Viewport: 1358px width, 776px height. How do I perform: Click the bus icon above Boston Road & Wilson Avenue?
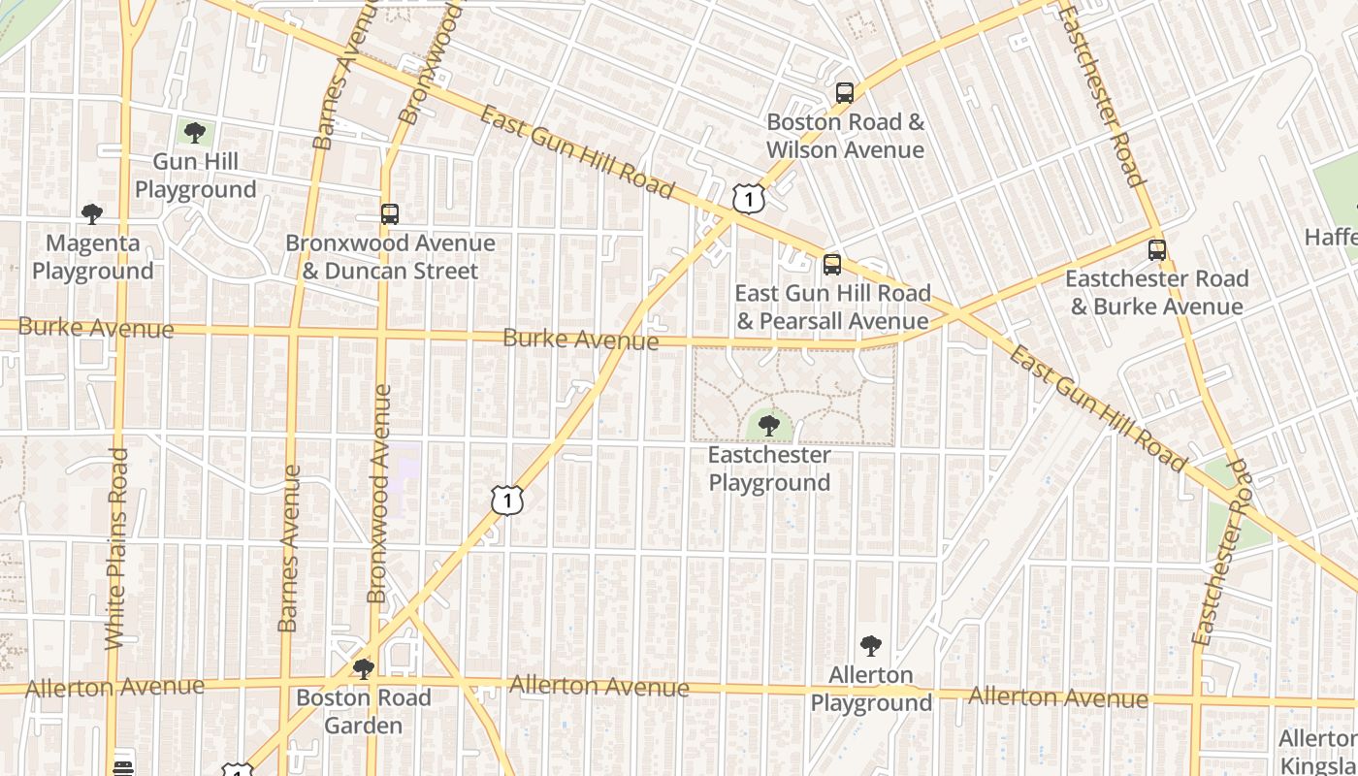(x=845, y=93)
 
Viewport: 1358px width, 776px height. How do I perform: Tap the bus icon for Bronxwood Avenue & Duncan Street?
(x=390, y=214)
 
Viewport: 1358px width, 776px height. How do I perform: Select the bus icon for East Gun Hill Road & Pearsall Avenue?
(x=832, y=265)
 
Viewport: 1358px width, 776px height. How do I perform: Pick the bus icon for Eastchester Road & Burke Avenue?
(x=1157, y=250)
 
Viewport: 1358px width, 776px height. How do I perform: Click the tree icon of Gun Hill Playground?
(x=195, y=133)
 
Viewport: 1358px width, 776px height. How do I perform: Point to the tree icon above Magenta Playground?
(x=92, y=214)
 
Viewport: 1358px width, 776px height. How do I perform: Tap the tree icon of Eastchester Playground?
(x=769, y=425)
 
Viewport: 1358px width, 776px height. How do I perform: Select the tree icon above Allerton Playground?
(x=871, y=646)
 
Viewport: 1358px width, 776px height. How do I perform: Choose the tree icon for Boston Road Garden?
(x=364, y=669)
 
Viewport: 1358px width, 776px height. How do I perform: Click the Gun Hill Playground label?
(x=195, y=176)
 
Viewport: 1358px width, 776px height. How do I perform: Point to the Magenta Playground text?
(x=93, y=257)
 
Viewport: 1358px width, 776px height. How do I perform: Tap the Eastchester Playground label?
(x=769, y=469)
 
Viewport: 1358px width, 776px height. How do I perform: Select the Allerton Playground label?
(x=871, y=689)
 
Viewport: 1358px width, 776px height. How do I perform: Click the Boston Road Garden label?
(x=364, y=712)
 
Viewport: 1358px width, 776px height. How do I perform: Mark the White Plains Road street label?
(x=116, y=548)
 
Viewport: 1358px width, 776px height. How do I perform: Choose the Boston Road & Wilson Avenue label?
(x=845, y=136)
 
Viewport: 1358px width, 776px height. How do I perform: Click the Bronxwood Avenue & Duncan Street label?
(x=390, y=257)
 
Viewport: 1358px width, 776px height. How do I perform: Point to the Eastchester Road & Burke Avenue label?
(x=1157, y=293)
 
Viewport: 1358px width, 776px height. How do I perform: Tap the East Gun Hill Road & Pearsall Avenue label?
(x=832, y=307)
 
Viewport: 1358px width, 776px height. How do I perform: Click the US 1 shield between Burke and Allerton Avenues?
(x=507, y=500)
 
